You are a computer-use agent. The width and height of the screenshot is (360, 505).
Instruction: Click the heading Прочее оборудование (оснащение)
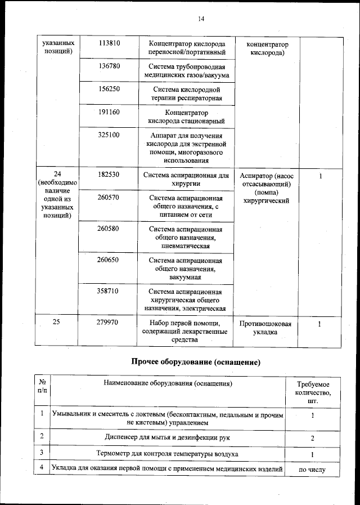click(x=195, y=361)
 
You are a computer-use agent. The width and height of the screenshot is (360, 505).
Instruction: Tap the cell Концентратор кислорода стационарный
click(x=186, y=117)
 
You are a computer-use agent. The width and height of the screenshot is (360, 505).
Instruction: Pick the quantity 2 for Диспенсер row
click(x=313, y=437)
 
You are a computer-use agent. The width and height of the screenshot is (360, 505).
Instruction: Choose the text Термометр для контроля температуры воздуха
click(x=167, y=453)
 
